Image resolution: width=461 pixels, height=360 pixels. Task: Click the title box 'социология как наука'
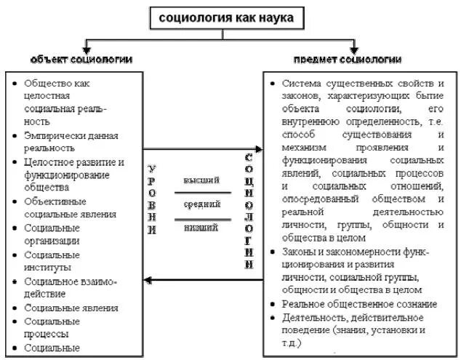(228, 17)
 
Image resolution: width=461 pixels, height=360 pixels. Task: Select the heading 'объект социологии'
(81, 58)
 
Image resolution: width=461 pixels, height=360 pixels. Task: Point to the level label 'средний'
(201, 205)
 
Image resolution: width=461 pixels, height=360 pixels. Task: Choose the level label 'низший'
(201, 228)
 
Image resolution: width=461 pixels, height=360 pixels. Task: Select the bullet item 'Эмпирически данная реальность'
(71, 141)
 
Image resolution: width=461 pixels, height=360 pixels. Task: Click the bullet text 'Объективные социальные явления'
(65, 207)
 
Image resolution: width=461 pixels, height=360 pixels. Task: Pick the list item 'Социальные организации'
(52, 233)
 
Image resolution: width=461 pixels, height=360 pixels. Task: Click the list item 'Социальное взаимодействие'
(70, 287)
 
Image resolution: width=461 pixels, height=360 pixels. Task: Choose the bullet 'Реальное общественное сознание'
(359, 304)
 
